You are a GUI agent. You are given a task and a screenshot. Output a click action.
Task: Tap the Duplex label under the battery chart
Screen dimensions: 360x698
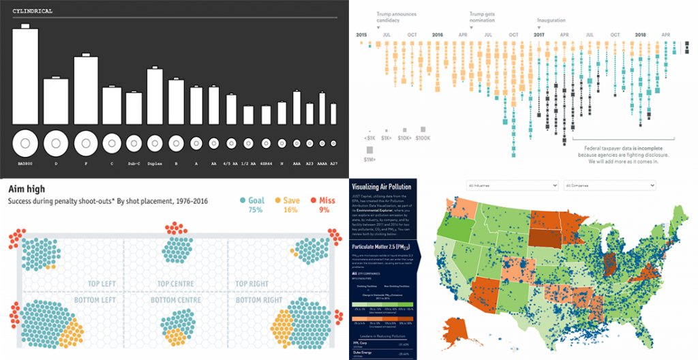coord(155,164)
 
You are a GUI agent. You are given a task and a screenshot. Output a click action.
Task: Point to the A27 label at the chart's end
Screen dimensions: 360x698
coord(333,164)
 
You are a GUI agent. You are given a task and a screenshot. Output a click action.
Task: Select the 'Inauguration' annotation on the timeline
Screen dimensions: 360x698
coord(551,20)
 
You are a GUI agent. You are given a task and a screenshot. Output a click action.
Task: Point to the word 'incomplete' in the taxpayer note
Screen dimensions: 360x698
coord(646,148)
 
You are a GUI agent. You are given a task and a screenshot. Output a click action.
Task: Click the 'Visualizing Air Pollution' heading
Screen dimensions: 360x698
coord(381,187)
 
